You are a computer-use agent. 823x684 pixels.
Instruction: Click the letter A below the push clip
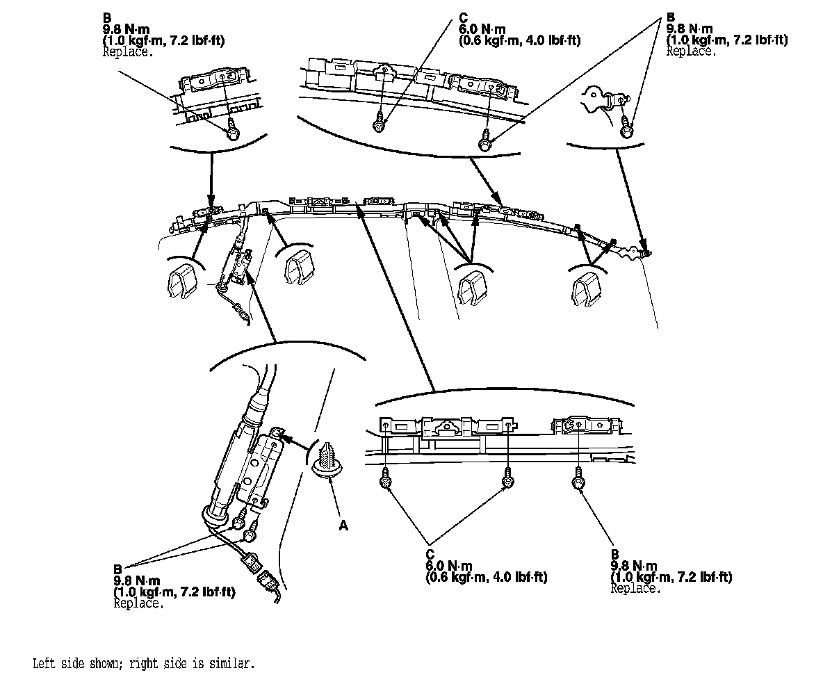(x=342, y=526)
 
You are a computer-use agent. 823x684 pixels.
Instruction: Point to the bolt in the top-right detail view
(x=627, y=127)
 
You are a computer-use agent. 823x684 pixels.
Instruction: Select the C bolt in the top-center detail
(x=379, y=124)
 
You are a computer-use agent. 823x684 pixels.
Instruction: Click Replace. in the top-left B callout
(x=128, y=52)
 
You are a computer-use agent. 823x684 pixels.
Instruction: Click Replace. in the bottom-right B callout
(x=635, y=588)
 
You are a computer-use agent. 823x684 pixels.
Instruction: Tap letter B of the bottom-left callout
(x=117, y=568)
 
